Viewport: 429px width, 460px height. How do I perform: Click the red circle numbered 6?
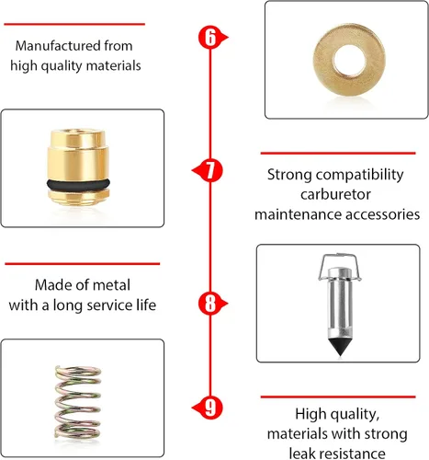pos(210,38)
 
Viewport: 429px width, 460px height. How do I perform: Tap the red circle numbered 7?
pos(210,170)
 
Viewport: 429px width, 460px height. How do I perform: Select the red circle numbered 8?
pos(210,304)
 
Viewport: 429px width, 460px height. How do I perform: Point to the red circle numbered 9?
pos(210,408)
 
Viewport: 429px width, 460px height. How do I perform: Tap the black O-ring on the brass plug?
pos(78,184)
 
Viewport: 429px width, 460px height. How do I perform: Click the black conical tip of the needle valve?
pos(340,347)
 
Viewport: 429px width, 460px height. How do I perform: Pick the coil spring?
pos(78,402)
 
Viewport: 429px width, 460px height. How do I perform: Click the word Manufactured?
pos(58,46)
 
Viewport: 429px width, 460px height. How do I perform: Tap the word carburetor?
pos(335,194)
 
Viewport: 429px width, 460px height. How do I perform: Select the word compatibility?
pos(360,175)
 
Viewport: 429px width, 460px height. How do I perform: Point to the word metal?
pos(111,285)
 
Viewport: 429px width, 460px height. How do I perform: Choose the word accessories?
pos(383,214)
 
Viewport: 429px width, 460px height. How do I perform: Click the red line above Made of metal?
pos(83,263)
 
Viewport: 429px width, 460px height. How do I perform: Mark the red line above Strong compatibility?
pos(338,153)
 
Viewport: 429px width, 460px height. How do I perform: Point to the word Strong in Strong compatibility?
pos(290,175)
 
